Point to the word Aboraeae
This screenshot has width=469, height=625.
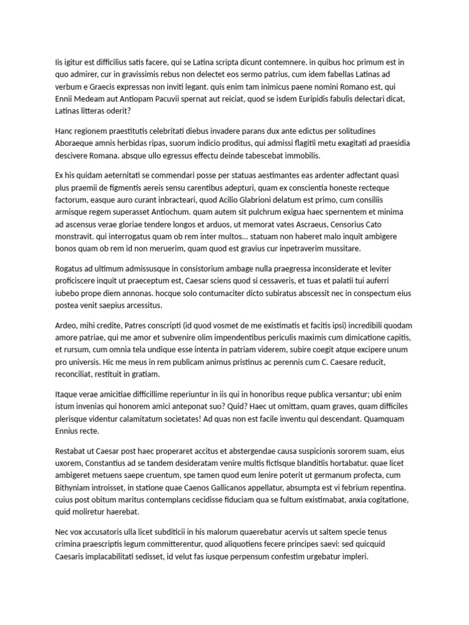coord(75,143)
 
